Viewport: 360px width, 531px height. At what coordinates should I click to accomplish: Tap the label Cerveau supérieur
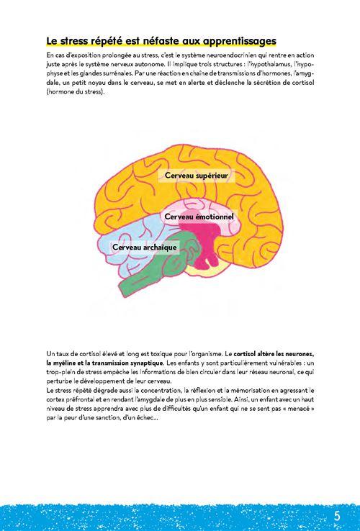coord(197,176)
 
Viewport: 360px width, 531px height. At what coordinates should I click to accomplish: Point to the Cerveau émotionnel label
coord(199,217)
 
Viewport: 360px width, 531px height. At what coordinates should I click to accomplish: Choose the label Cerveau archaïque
coord(145,248)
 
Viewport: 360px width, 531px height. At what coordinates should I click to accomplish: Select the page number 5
coord(337,516)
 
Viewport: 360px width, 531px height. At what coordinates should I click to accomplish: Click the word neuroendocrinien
coord(227,55)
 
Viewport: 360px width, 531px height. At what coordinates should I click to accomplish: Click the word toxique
coord(162,354)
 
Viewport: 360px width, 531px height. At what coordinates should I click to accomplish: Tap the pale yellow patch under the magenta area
coord(207,271)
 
